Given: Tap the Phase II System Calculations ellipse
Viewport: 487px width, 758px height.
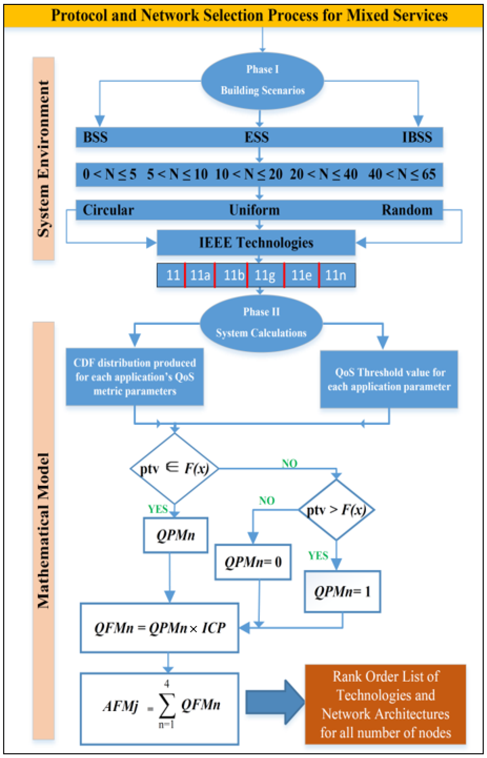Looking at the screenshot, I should click(x=261, y=323).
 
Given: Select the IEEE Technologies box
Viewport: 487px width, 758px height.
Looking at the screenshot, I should click(x=256, y=243).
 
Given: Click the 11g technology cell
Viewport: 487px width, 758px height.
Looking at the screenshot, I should click(x=265, y=275).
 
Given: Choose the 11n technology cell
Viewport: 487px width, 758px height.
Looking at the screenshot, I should click(x=336, y=275).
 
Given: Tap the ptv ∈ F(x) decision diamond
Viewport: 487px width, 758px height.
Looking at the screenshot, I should click(x=174, y=469).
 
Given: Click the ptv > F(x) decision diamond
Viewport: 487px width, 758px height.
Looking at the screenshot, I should click(x=336, y=510).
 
